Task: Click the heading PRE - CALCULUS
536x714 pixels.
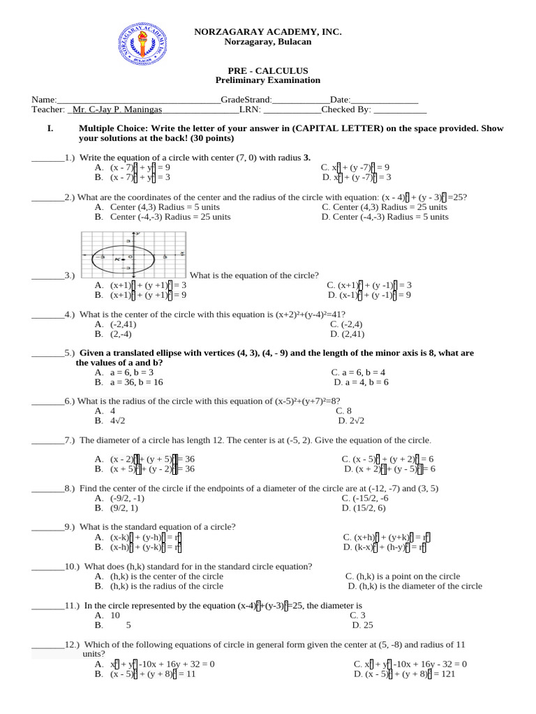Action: [268, 71]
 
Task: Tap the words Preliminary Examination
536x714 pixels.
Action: [268, 81]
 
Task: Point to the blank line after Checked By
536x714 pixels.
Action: [400, 109]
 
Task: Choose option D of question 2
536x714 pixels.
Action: [385, 217]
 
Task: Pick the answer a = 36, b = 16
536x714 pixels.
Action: [137, 383]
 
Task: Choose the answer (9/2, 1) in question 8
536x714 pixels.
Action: [124, 508]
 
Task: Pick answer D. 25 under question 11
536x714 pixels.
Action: [363, 625]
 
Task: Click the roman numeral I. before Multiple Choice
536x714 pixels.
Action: [50, 129]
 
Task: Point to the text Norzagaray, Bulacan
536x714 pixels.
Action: [268, 42]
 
